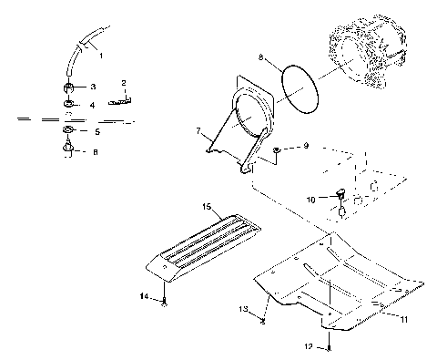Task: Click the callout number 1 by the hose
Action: coord(100,56)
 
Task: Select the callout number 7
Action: coord(197,131)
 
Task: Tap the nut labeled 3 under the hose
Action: coord(69,87)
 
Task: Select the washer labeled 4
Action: coord(69,105)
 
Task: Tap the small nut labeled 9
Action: coord(277,149)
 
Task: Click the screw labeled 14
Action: coord(164,302)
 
